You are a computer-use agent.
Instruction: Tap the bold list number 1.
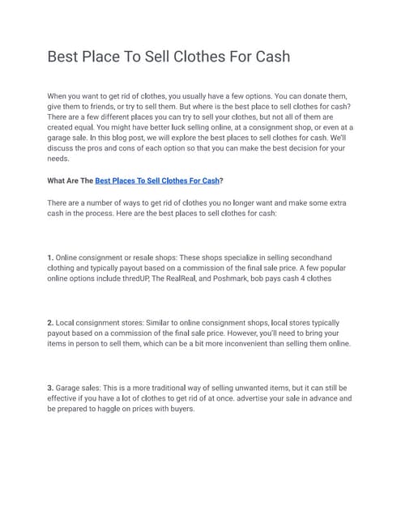pyautogui.click(x=50, y=257)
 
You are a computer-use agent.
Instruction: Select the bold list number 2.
pyautogui.click(x=50, y=322)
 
